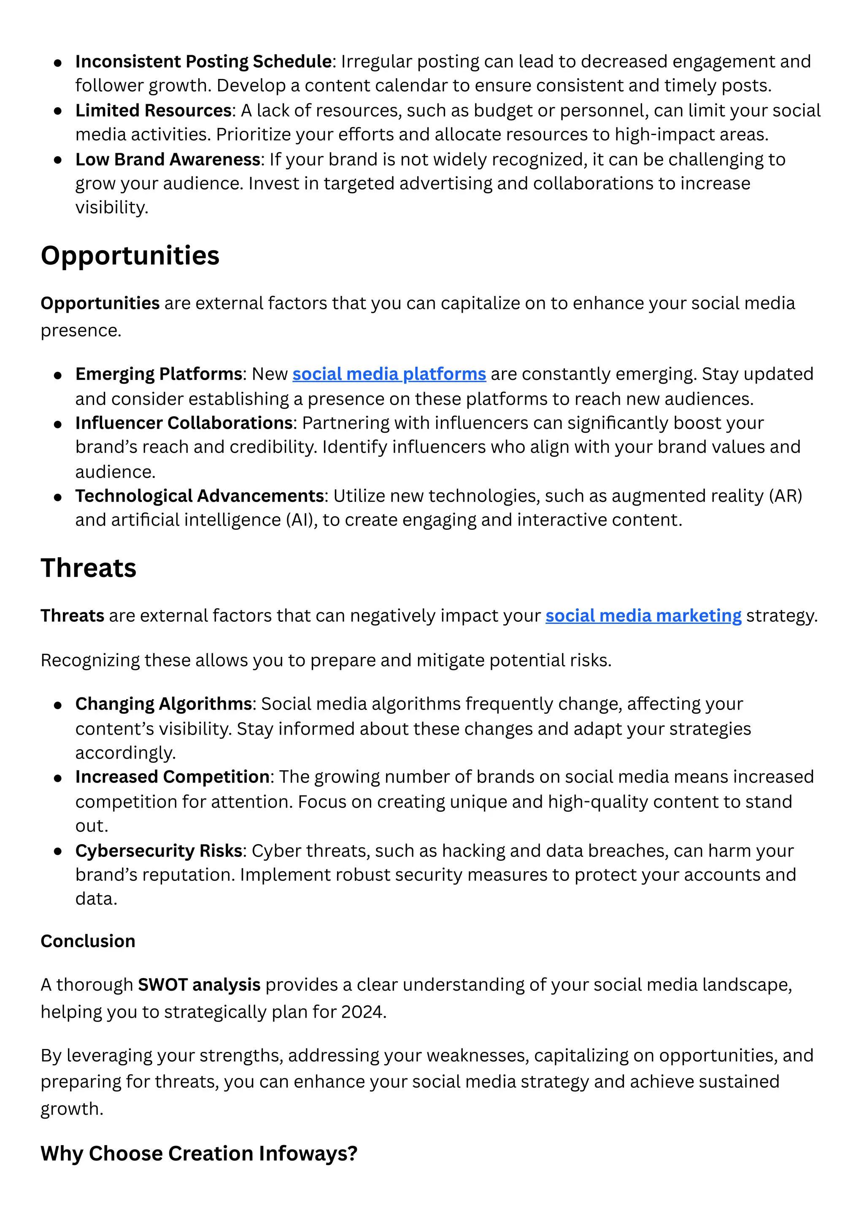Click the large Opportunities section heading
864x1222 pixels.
point(130,255)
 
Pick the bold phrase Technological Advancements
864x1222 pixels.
point(200,496)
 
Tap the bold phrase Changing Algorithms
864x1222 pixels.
point(163,704)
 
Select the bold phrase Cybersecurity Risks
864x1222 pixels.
point(159,851)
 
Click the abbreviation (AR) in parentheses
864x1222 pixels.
point(785,496)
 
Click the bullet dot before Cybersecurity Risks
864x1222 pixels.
point(58,851)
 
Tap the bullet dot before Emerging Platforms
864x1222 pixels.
point(58,375)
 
